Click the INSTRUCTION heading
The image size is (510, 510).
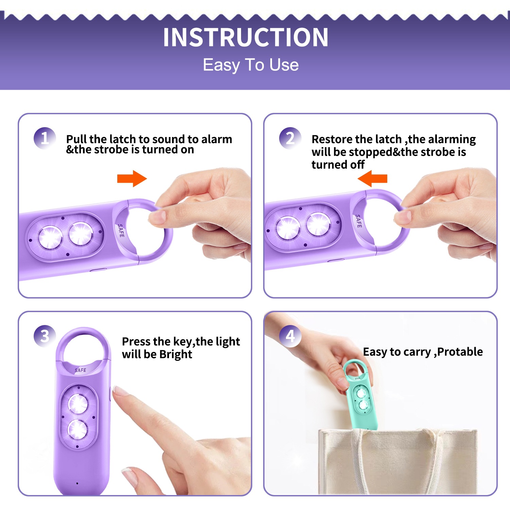point(245,37)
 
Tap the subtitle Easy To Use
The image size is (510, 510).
point(251,65)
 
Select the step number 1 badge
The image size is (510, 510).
point(45,138)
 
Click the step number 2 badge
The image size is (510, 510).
point(290,138)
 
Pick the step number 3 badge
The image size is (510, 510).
point(45,336)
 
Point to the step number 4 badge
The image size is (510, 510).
point(290,336)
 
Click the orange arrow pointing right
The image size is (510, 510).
point(132,178)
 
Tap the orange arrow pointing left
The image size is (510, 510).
point(372,178)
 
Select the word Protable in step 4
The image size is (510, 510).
point(460,352)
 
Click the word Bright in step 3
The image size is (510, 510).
point(175,355)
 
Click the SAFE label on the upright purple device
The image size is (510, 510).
point(80,370)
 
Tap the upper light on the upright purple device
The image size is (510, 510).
point(79,404)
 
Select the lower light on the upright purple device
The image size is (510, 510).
point(78,430)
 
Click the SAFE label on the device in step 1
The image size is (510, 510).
point(121,231)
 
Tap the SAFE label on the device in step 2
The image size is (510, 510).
point(359,221)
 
